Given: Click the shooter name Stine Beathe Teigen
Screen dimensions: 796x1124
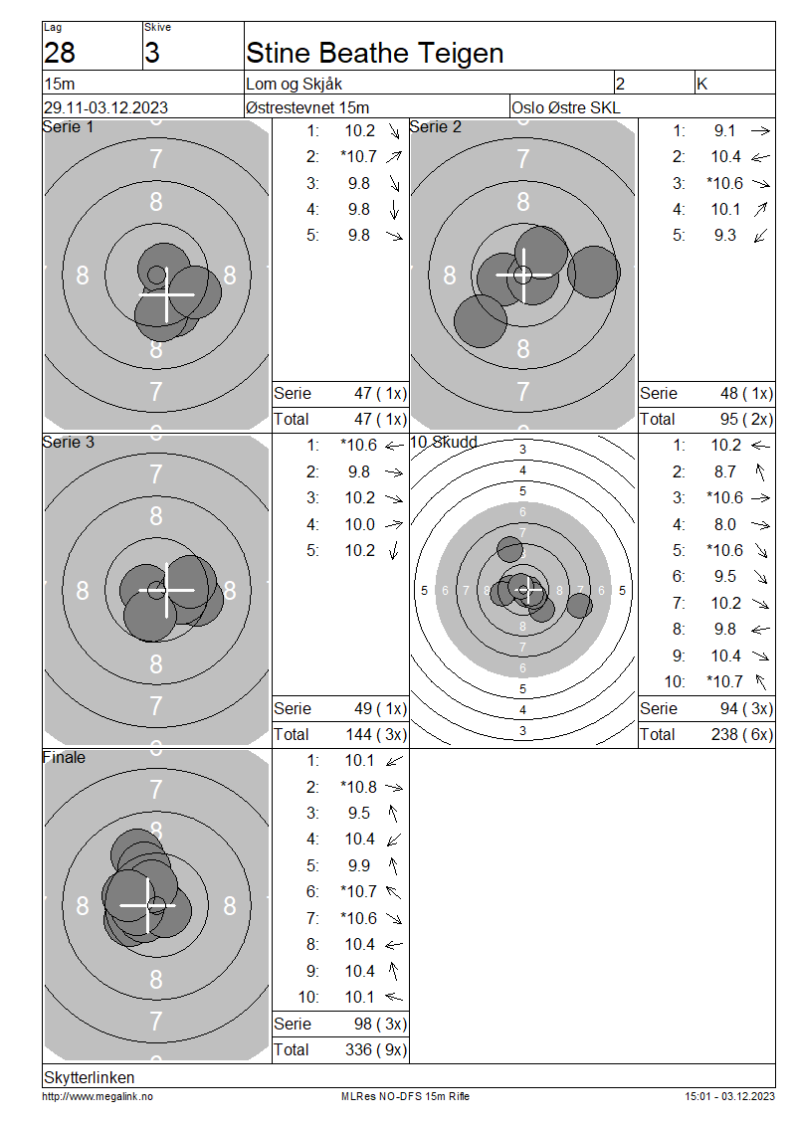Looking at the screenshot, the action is [x=374, y=53].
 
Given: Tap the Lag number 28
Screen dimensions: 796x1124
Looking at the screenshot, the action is [x=60, y=53].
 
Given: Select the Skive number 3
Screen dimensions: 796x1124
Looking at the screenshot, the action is [x=152, y=53].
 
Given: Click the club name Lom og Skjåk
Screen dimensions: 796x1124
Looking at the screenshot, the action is [x=294, y=84].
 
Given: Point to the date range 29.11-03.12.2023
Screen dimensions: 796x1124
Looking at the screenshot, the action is [x=105, y=107].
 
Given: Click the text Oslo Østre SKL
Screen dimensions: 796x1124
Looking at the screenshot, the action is [x=566, y=107].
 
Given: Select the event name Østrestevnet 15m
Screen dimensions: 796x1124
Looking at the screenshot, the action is [x=306, y=107].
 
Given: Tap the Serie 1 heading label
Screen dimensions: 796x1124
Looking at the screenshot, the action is [x=68, y=127].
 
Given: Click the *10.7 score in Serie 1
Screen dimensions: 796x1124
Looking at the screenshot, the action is [x=358, y=156].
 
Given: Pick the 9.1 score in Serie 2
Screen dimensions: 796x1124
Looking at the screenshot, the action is [x=725, y=130].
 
